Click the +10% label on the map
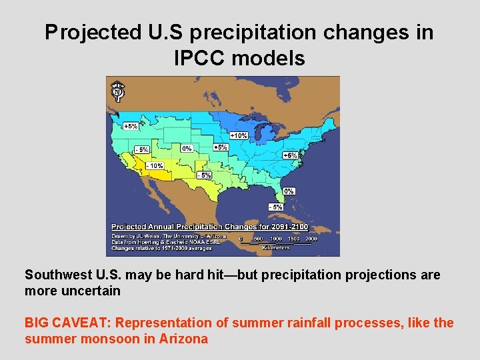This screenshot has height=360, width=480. (x=239, y=135)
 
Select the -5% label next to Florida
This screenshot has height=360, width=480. (x=276, y=207)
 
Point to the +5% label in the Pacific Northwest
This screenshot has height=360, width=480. (x=131, y=125)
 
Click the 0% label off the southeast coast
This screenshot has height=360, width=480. (x=289, y=191)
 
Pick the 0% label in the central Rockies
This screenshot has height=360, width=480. (x=187, y=149)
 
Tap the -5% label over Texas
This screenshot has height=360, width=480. (x=205, y=175)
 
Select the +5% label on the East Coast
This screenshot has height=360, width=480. (x=290, y=155)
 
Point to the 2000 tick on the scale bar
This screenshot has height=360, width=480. (x=311, y=239)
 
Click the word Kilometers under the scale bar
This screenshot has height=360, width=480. (x=275, y=247)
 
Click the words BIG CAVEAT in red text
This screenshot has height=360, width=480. (x=68, y=323)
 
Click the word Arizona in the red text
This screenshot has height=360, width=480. (x=183, y=339)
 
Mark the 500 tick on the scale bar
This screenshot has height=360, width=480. (x=258, y=239)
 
